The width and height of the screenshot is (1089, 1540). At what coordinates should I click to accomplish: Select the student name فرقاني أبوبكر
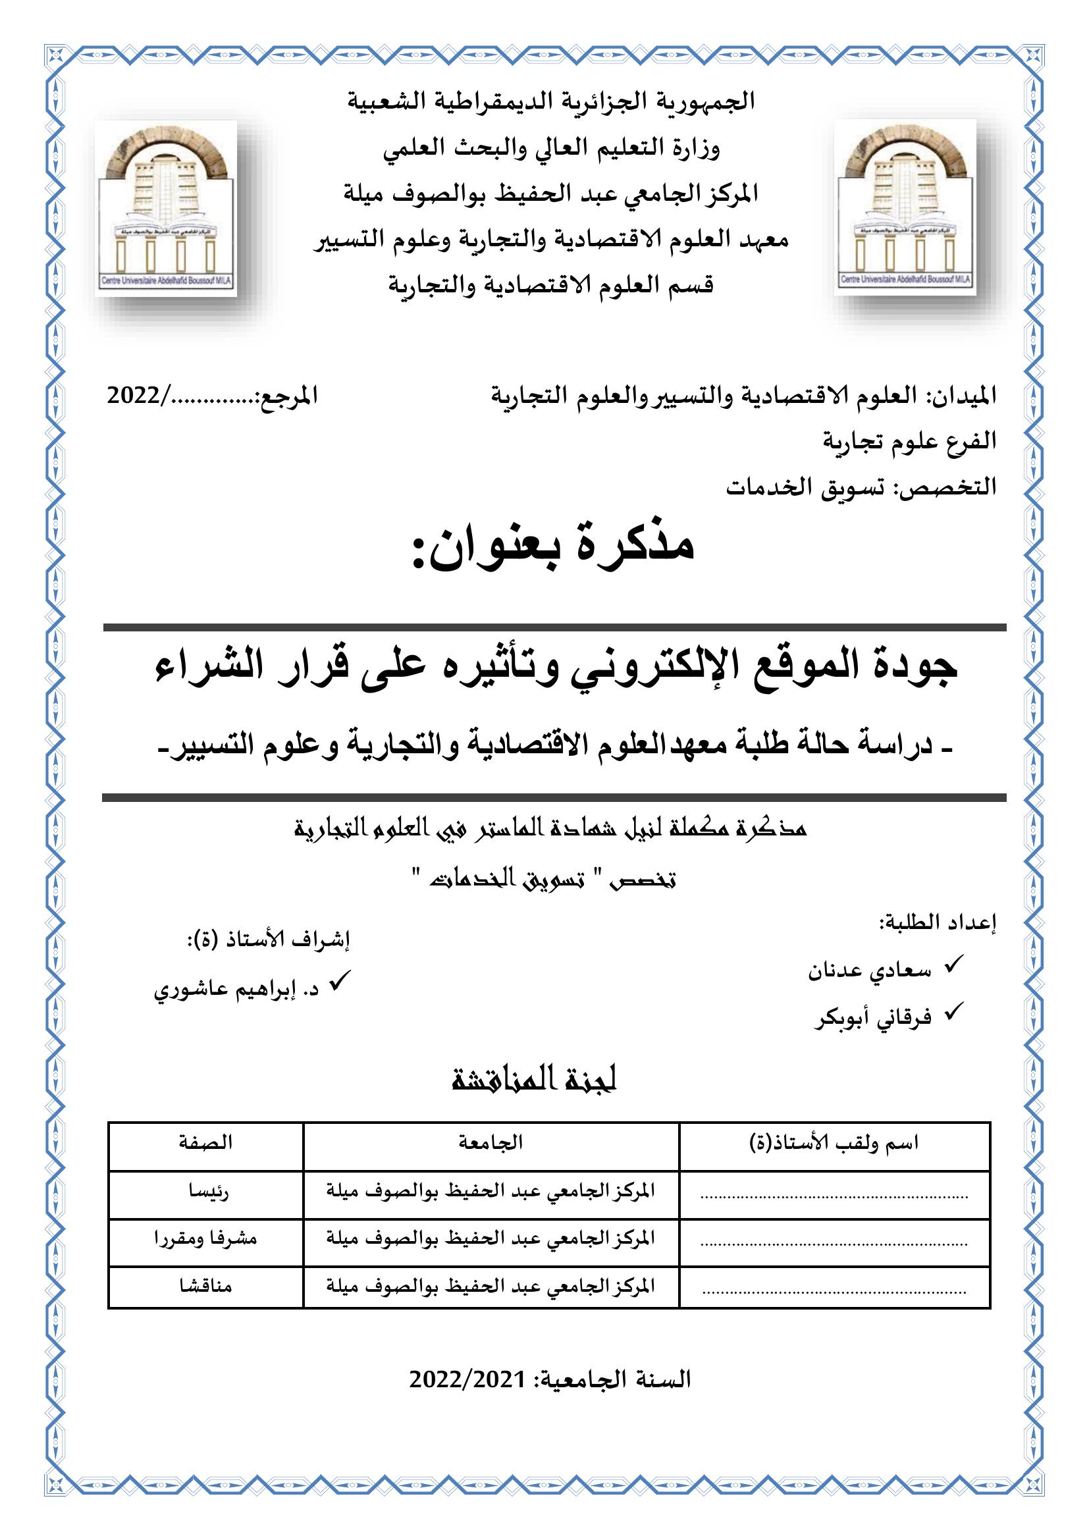pos(873,1018)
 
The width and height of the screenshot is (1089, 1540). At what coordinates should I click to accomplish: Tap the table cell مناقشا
pos(205,1287)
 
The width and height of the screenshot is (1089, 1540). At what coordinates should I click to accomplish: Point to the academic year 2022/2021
pos(467,1381)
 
